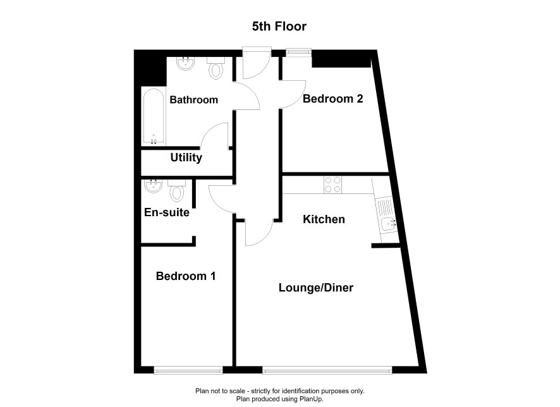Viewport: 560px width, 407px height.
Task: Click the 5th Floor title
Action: [x=279, y=27]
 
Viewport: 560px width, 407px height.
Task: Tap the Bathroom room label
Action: [x=193, y=100]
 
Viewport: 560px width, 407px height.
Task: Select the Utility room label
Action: [x=186, y=157]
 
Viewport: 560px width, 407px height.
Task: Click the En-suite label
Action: [x=166, y=212]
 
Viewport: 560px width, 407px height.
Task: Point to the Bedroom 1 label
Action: [x=186, y=276]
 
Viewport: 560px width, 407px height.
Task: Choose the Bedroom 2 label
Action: [x=333, y=99]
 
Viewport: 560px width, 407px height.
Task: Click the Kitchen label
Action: [x=324, y=219]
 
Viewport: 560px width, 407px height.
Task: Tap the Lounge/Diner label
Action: [x=316, y=288]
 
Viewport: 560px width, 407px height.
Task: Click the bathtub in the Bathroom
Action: [x=154, y=117]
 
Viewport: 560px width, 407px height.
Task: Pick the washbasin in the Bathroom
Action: [x=186, y=63]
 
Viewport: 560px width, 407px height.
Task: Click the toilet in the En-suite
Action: [x=176, y=191]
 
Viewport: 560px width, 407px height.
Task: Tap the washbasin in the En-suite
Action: [x=153, y=186]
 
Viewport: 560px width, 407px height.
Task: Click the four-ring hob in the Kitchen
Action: [x=332, y=185]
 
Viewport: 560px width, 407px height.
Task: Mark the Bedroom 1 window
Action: [x=188, y=370]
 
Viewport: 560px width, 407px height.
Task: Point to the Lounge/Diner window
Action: [x=327, y=370]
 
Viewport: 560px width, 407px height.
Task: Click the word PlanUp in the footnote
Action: [x=312, y=399]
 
